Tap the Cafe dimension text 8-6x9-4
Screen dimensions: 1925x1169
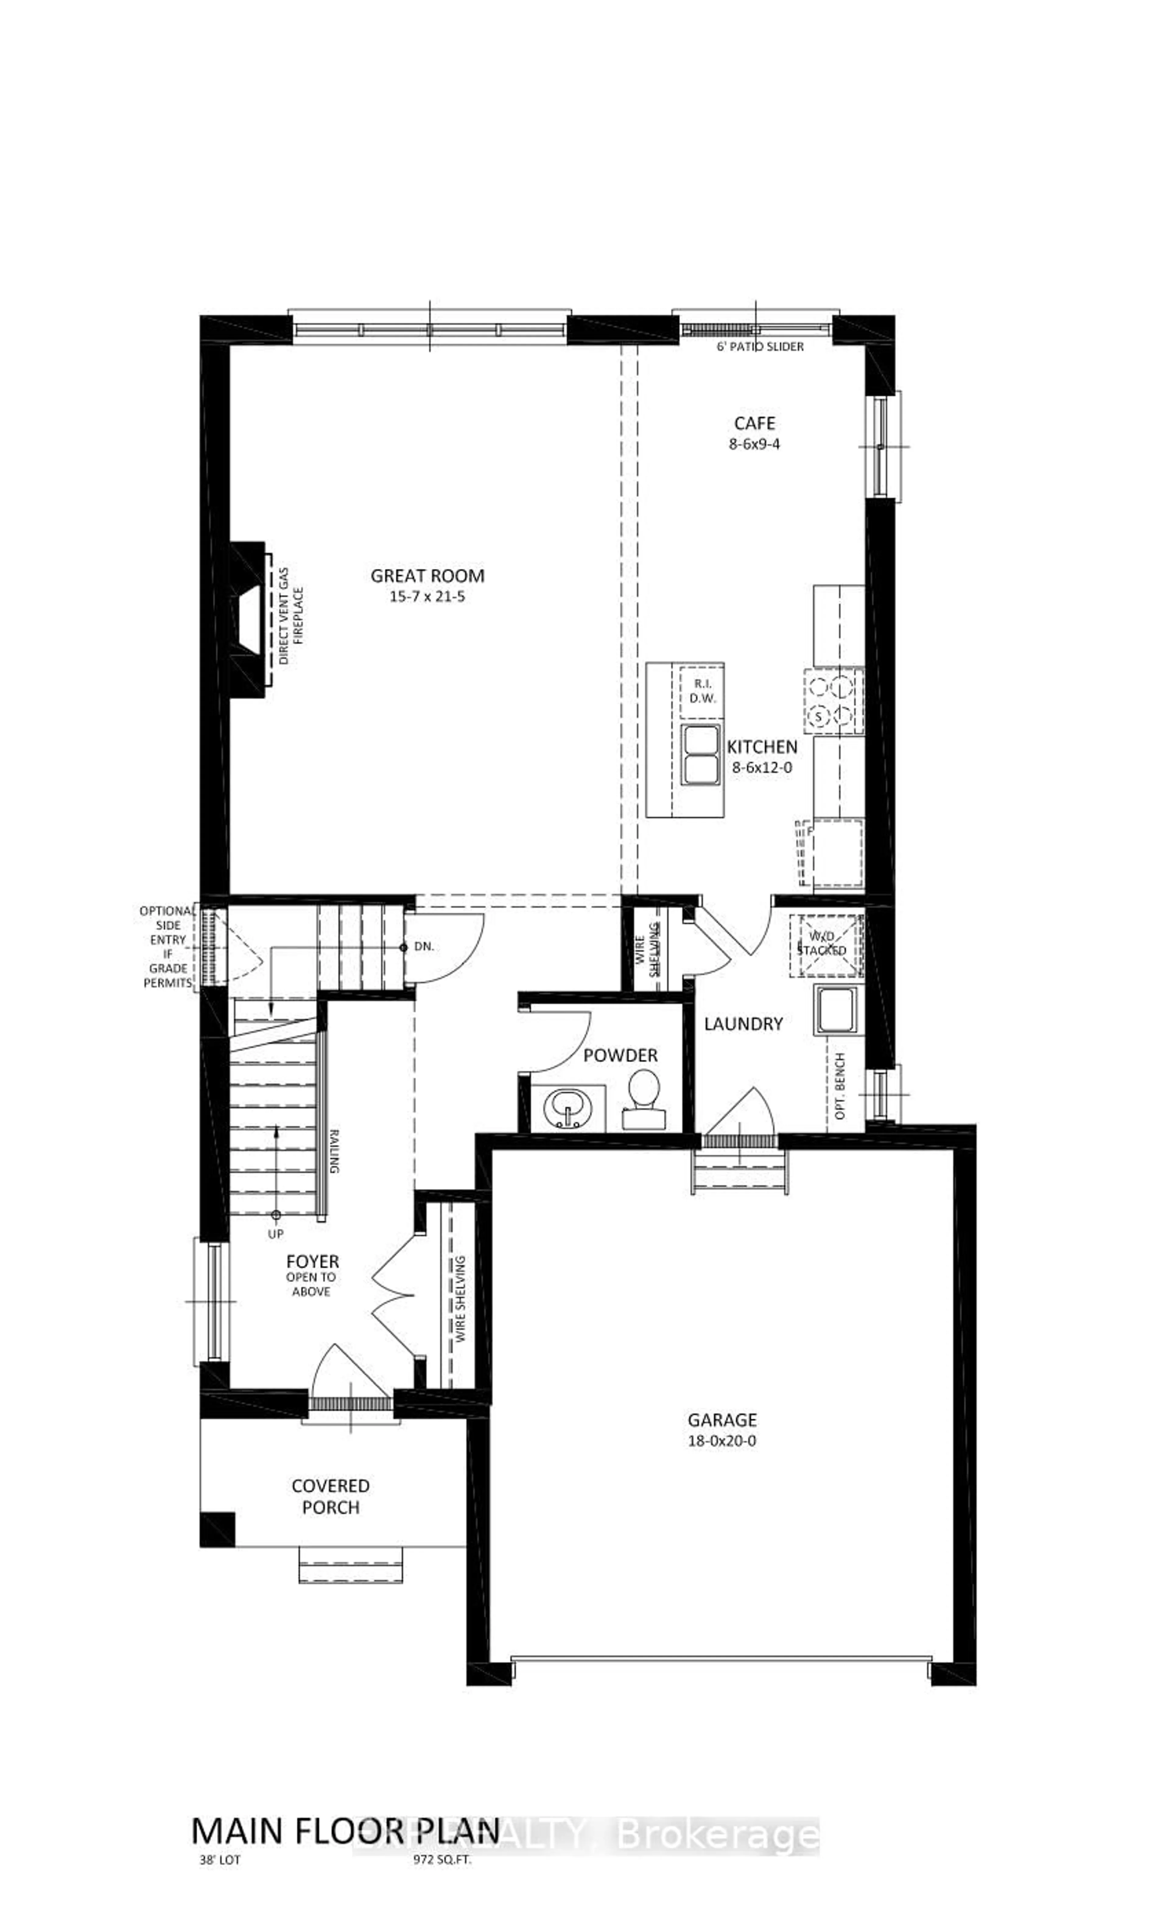(x=754, y=444)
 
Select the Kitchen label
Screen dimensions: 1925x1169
(x=762, y=747)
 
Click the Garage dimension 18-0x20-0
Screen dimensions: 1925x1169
(x=721, y=1440)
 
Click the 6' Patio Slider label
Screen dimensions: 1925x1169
(x=760, y=346)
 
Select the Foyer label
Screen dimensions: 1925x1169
(x=312, y=1262)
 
